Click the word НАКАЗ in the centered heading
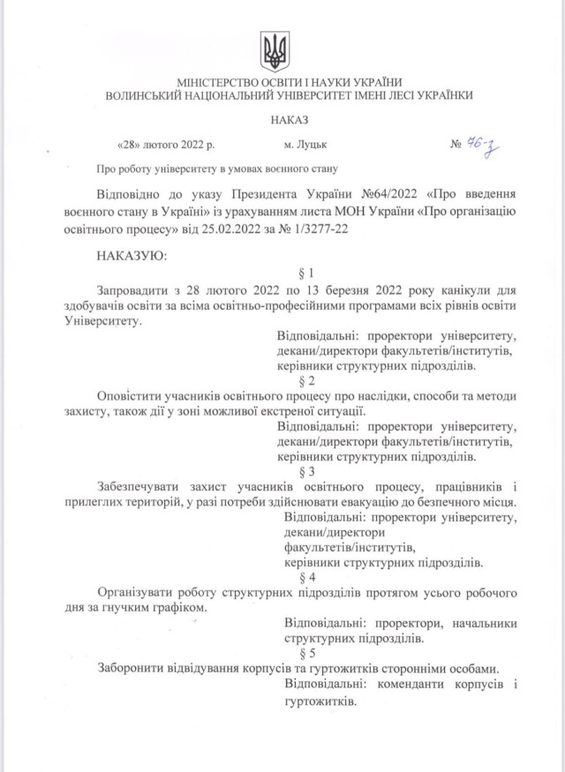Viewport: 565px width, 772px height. (x=283, y=118)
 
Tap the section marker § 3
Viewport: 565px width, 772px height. (x=308, y=471)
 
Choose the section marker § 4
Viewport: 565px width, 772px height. (x=308, y=576)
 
